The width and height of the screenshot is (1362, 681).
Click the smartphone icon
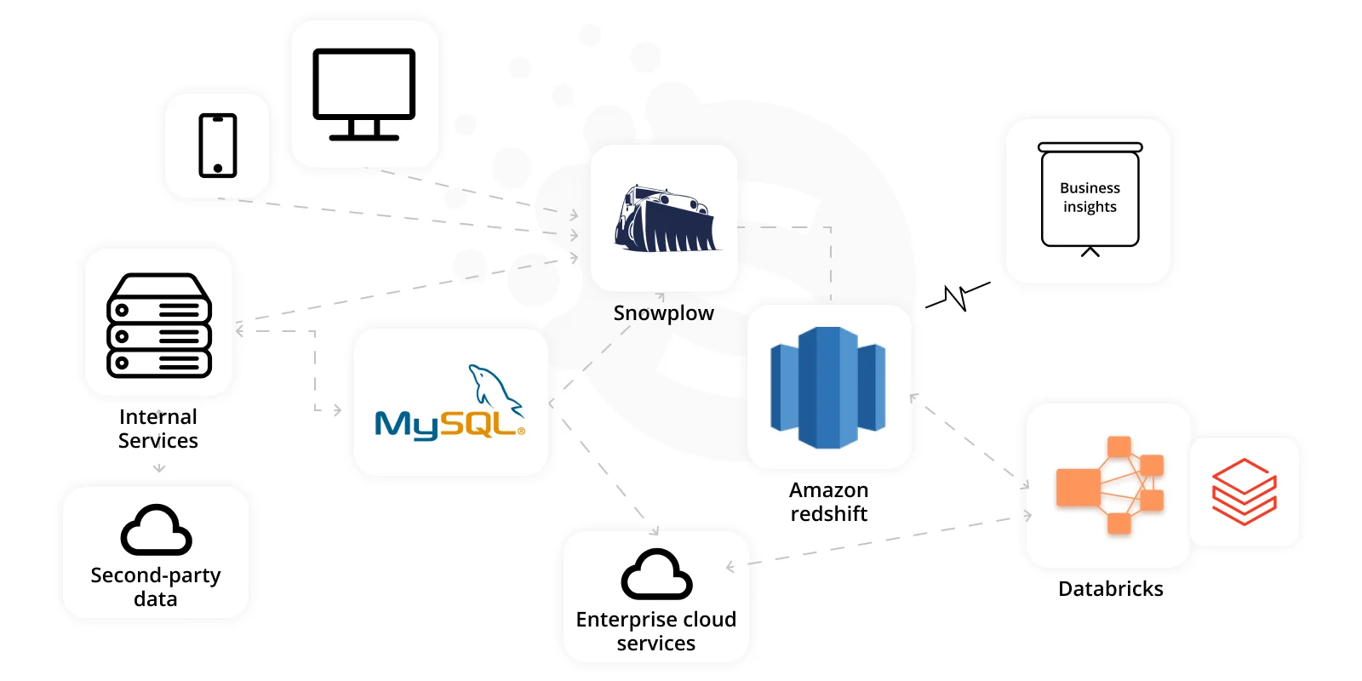pyautogui.click(x=218, y=146)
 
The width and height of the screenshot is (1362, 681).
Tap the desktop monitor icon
pyautogui.click(x=363, y=94)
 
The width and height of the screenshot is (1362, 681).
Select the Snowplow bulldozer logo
pyautogui.click(x=667, y=218)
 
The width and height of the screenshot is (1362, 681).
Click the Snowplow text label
pyautogui.click(x=663, y=312)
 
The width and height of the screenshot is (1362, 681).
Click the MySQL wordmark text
pyautogui.click(x=449, y=425)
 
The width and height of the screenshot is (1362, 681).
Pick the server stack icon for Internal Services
pyautogui.click(x=158, y=326)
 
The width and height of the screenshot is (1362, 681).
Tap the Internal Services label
pyautogui.click(x=158, y=428)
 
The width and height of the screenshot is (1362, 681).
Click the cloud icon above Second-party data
pyautogui.click(x=157, y=529)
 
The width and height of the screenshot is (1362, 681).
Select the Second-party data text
pyautogui.click(x=156, y=587)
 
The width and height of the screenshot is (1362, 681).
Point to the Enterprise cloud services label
pyautogui.click(x=656, y=631)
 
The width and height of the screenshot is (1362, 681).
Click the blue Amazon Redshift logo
pyautogui.click(x=827, y=387)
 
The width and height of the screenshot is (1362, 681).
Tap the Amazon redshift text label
pyautogui.click(x=829, y=501)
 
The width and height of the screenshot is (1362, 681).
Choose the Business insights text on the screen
pyautogui.click(x=1090, y=197)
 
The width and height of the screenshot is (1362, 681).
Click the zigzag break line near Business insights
pyautogui.click(x=958, y=296)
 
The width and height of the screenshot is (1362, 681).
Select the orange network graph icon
pyautogui.click(x=1110, y=485)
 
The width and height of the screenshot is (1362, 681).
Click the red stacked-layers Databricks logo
pyautogui.click(x=1244, y=491)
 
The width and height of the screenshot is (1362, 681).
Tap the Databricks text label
pyautogui.click(x=1110, y=588)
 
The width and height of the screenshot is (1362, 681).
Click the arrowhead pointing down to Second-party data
pyautogui.click(x=158, y=468)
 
